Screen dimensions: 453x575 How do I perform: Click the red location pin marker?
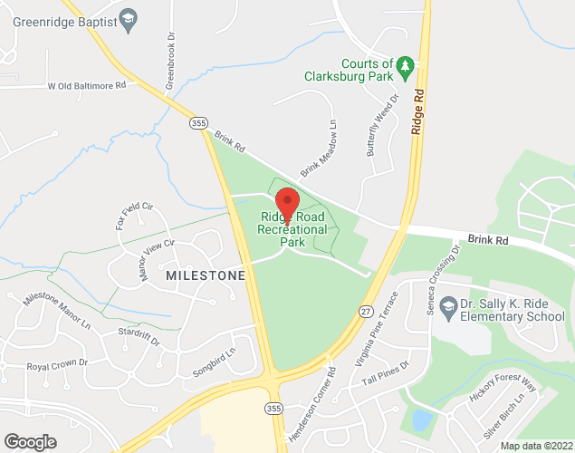pos(287,204)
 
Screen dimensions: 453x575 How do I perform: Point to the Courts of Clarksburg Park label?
pos(367,71)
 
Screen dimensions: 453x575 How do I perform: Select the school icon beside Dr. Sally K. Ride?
pos(448,309)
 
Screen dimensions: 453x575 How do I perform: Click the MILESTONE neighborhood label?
pos(206,274)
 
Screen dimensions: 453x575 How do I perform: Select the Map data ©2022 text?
pos(535,445)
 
